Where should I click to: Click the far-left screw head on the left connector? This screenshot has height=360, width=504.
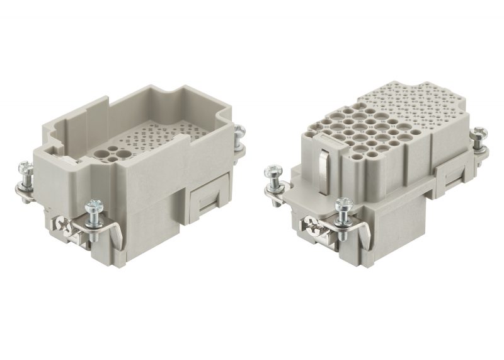tap(23, 168)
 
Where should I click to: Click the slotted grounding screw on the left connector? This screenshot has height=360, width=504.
tap(61, 225)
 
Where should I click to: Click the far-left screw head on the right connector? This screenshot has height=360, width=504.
tap(274, 171)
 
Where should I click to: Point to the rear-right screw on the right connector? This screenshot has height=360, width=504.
tap(481, 133)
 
